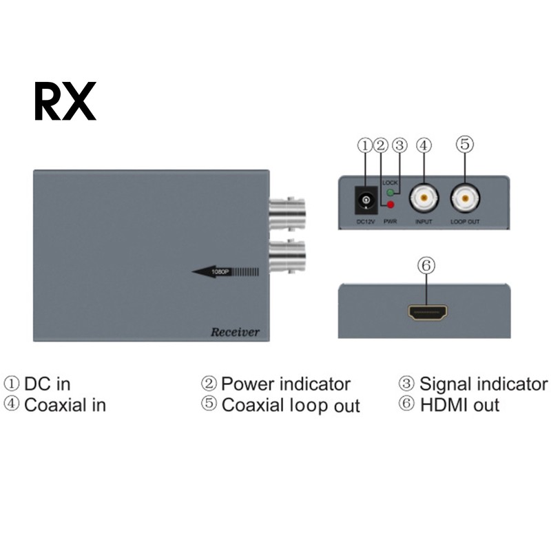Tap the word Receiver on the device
pos(235,333)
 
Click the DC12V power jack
pos(365,200)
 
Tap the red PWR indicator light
pos(391,205)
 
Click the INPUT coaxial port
pos(423,200)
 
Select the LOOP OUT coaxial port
pos(464,200)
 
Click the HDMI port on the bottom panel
pos(427,313)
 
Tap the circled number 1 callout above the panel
pos(364,145)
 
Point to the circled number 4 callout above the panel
pos(424,145)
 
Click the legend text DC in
pos(47,384)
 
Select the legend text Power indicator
pos(285,384)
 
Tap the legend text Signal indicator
pos(483,384)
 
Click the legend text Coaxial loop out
pos(290,405)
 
